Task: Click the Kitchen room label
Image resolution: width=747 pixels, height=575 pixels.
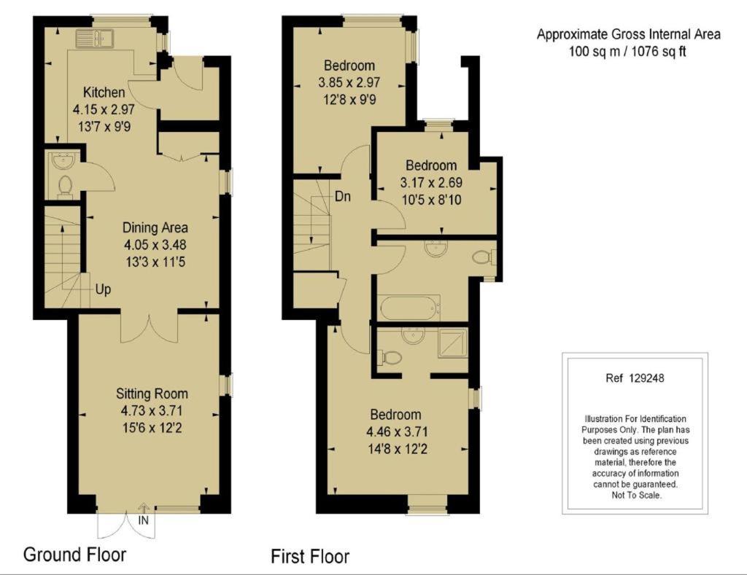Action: [104, 92]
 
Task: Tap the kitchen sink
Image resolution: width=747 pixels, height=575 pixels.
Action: [93, 39]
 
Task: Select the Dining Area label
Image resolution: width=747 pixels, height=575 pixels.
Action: [155, 227]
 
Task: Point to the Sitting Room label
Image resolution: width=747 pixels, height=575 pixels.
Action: [152, 394]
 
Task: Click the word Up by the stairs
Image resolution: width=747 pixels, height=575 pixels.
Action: [103, 289]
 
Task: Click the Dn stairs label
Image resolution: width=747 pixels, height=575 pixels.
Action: [343, 196]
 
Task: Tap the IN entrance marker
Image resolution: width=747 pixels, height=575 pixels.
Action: [144, 520]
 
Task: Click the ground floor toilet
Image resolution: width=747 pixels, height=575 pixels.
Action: [65, 187]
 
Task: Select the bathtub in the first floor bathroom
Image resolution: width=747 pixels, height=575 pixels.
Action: [409, 308]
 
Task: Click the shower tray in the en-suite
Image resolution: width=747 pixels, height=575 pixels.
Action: [453, 343]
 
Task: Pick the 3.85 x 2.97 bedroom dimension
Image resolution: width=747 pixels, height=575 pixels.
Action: [349, 82]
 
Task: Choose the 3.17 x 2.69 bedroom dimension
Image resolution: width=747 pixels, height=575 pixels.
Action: [431, 182]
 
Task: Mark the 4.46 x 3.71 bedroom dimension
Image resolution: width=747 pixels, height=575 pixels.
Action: [397, 431]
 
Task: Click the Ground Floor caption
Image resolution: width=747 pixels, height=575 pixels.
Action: [75, 555]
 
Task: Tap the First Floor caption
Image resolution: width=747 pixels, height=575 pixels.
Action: [310, 557]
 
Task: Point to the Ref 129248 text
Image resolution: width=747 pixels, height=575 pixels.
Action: [635, 378]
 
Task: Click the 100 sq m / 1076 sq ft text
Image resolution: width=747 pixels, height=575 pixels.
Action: [628, 52]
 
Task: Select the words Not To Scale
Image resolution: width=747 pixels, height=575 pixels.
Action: [636, 496]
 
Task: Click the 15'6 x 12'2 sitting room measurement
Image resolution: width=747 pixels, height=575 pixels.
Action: [152, 428]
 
